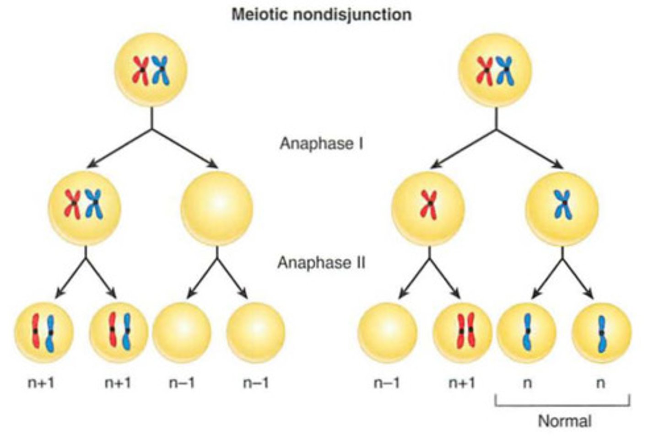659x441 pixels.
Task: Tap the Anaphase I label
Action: [x=321, y=144]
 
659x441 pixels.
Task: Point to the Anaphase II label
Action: [x=321, y=263]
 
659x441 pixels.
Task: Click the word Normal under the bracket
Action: [x=564, y=421]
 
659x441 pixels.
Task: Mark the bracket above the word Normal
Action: [x=562, y=404]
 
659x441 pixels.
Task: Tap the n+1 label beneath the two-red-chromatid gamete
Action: [x=462, y=382]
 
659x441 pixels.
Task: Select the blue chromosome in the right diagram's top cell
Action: [x=507, y=71]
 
